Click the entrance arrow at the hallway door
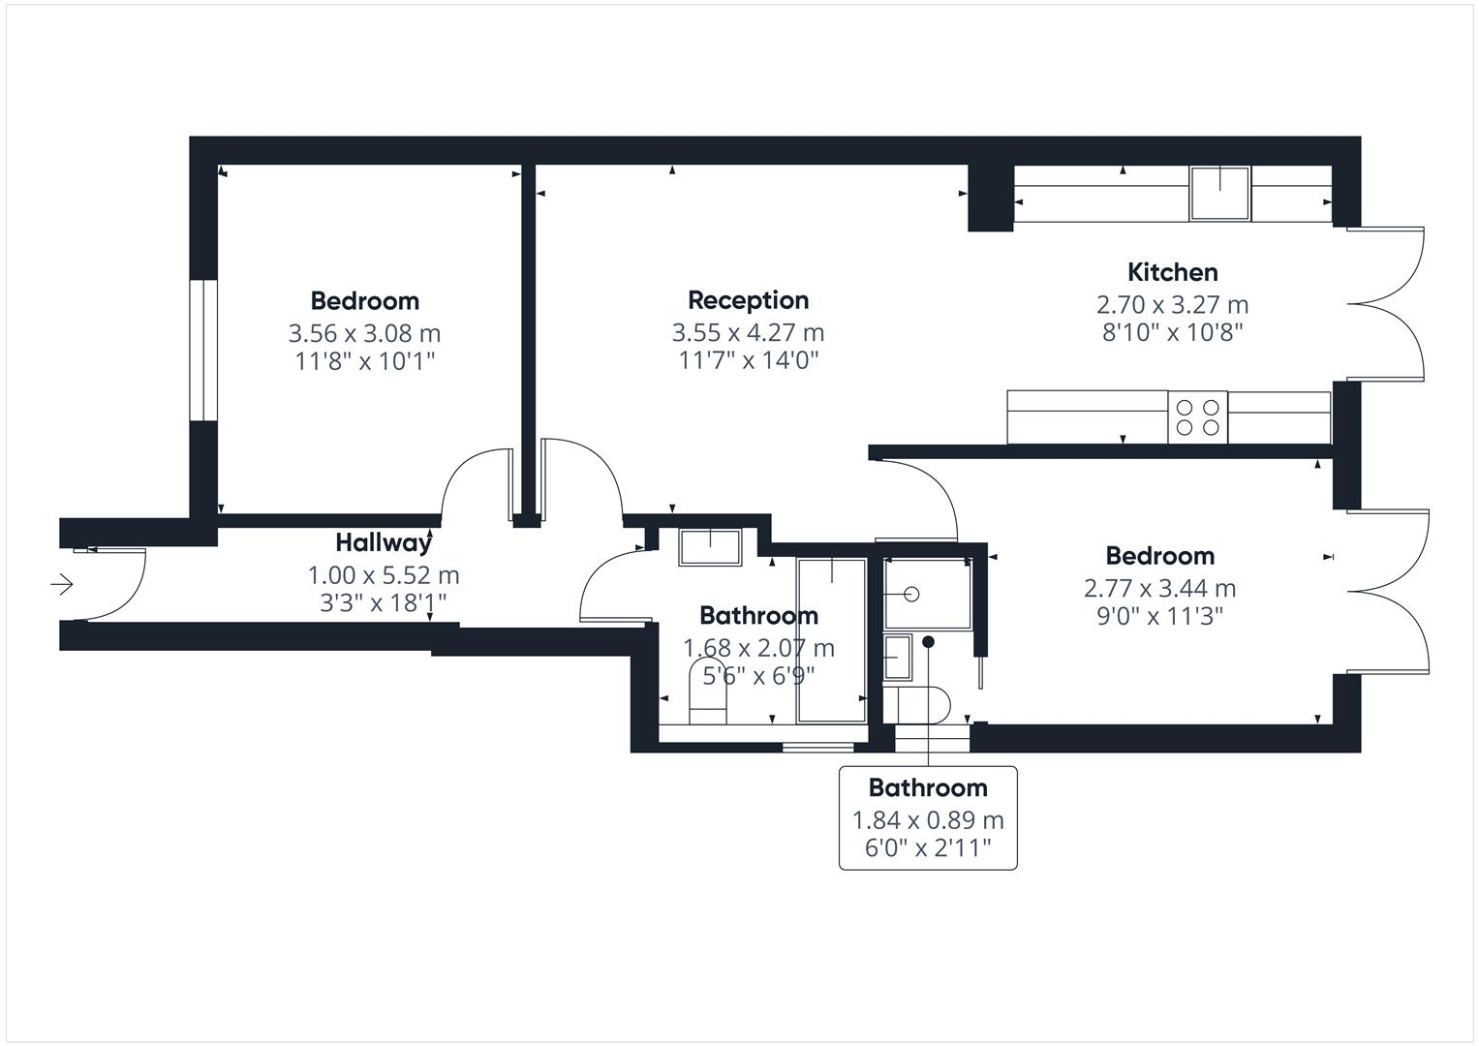coord(63,584)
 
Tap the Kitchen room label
coord(1172,272)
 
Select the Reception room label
coord(748,300)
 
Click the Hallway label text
coord(383,542)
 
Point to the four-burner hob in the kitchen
coord(1197,417)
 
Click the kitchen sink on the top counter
coord(1220,193)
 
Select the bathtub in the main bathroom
coord(831,639)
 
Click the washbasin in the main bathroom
coord(710,546)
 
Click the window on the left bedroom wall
coord(203,350)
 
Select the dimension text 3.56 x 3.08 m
coord(364,333)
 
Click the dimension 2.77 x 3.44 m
coord(1159,588)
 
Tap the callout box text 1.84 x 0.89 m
coord(927,820)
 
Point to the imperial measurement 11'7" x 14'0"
coord(748,360)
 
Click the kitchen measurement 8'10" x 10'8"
coord(1172,332)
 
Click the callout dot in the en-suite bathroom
coord(928,641)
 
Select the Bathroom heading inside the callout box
coord(927,787)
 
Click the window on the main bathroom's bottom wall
coord(817,746)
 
